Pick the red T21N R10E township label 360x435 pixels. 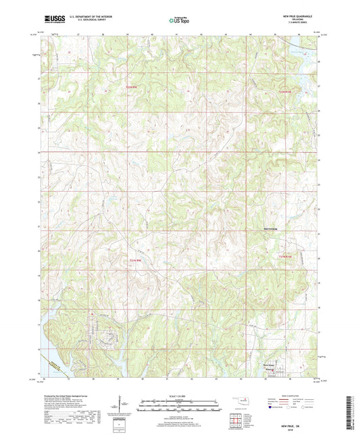click(288, 256)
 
